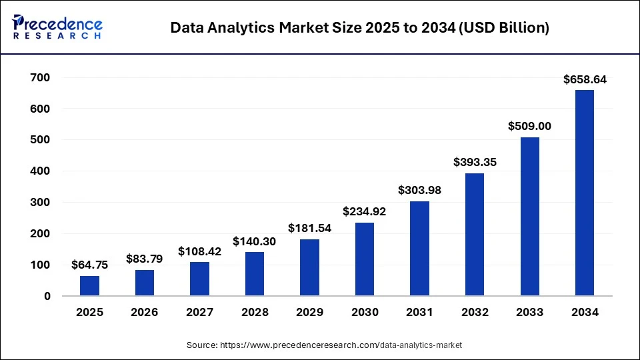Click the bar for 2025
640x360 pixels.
[x=89, y=286]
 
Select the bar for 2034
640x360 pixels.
[x=585, y=193]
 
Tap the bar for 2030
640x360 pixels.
[x=365, y=259]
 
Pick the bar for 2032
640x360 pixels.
[x=475, y=235]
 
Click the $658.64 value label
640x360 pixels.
[x=585, y=79]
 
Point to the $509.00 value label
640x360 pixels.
[x=529, y=126]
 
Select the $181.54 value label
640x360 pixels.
[x=309, y=228]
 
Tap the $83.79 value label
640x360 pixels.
[x=145, y=258]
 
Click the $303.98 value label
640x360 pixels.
[x=419, y=190]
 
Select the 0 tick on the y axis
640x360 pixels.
[x=47, y=296]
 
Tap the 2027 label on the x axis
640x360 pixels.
[x=199, y=312]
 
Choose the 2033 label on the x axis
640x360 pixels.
[x=529, y=312]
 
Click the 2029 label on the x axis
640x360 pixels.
[x=309, y=312]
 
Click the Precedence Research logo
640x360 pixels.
[x=57, y=27]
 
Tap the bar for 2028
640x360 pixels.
[x=255, y=274]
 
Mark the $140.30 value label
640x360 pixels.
[x=255, y=241]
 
